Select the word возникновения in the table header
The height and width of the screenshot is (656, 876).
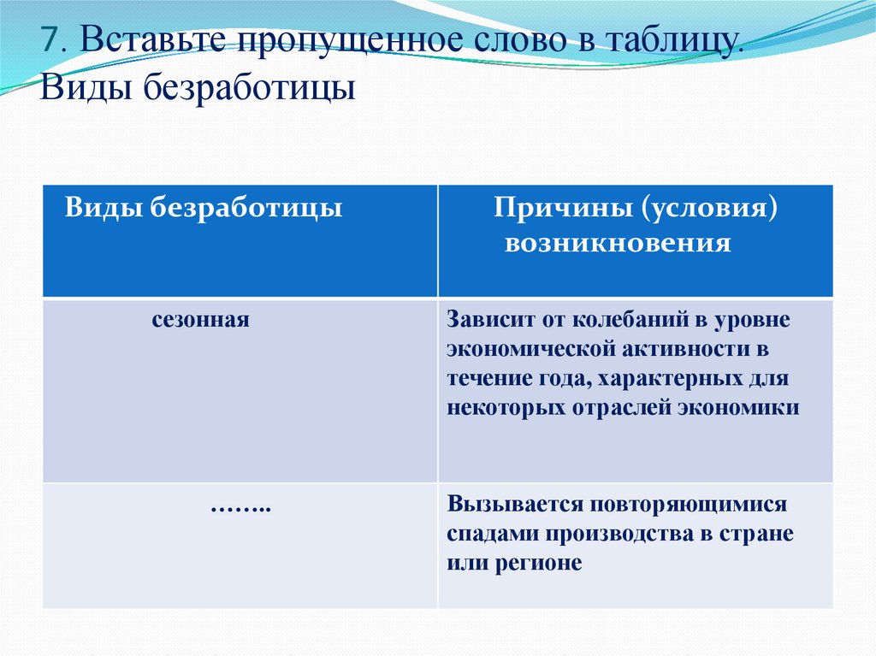coord(618,244)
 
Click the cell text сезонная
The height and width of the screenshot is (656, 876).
coord(201,321)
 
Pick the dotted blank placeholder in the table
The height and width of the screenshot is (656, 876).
coord(240,507)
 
